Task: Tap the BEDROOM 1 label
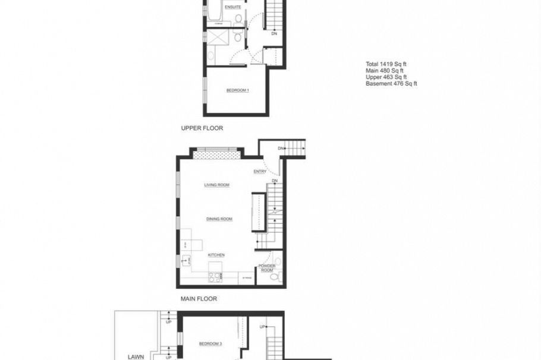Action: click(237, 90)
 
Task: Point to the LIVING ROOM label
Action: click(217, 185)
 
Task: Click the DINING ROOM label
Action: click(219, 219)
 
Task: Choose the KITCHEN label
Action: click(216, 255)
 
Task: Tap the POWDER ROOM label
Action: click(267, 268)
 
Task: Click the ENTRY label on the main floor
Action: click(260, 172)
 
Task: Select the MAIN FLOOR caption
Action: click(199, 299)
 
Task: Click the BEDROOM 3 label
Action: click(210, 343)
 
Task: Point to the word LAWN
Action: click(136, 357)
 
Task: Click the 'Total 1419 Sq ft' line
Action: click(389, 64)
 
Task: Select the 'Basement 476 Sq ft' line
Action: click(391, 84)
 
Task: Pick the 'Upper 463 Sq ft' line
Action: click(386, 77)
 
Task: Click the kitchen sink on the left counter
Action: click(185, 261)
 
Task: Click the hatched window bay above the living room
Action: click(217, 154)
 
